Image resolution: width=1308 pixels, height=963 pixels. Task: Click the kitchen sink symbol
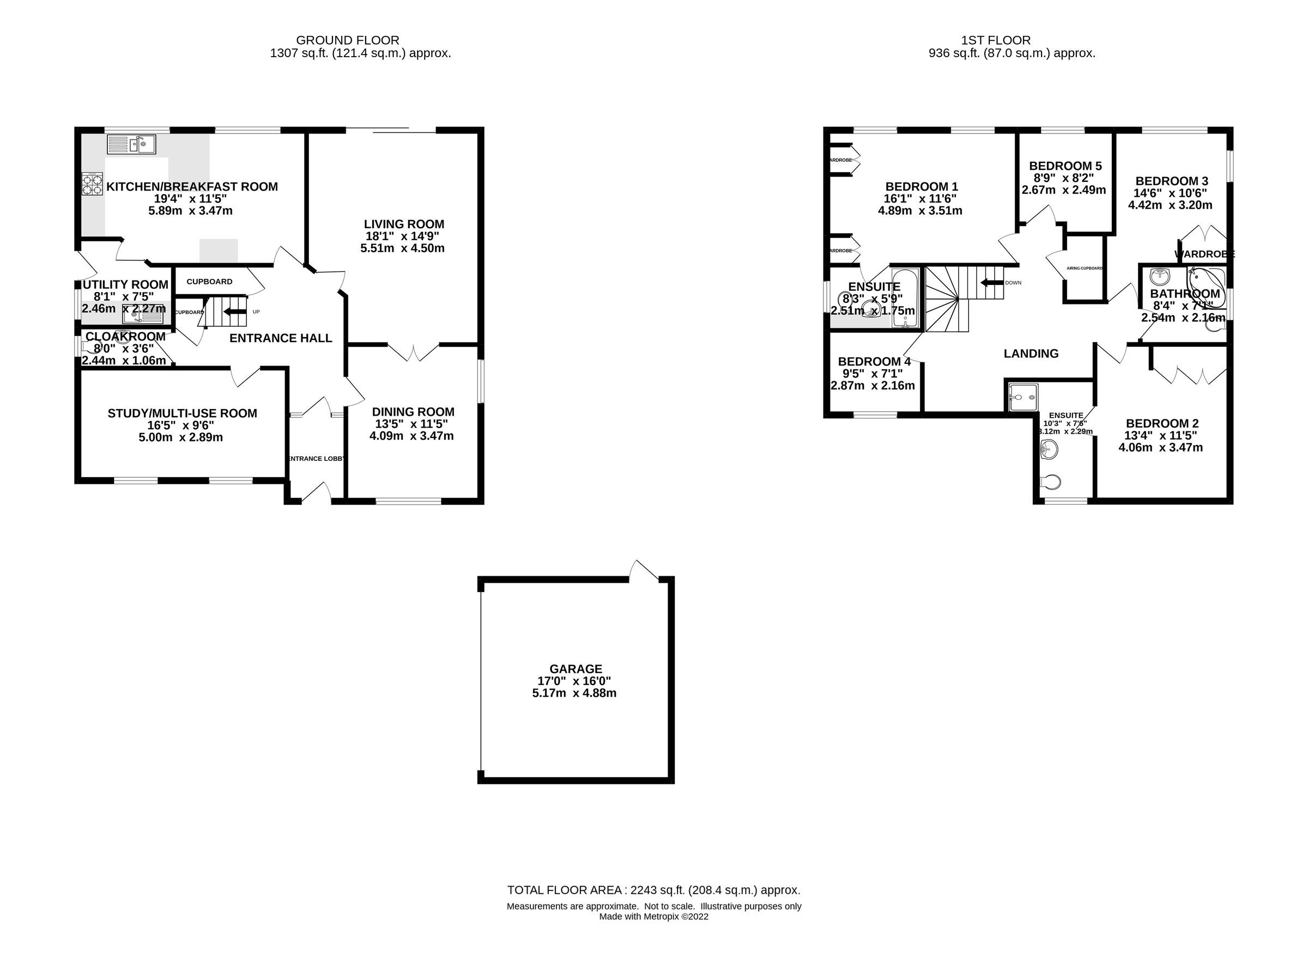tap(132, 144)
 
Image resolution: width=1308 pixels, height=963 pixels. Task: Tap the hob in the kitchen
tap(92, 184)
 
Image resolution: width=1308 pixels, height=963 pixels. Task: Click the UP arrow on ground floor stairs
tap(234, 312)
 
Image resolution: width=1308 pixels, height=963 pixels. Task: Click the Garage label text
tap(575, 669)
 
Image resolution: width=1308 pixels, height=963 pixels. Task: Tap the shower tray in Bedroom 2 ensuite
tap(1024, 397)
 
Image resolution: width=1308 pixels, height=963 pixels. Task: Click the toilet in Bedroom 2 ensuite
tap(1051, 481)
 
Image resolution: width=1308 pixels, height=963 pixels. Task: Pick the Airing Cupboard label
tap(1084, 268)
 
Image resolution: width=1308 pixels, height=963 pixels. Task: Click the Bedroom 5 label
tap(1065, 166)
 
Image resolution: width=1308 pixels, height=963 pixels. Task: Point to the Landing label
tap(1031, 353)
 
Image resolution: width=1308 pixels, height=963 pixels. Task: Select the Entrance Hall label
tap(281, 338)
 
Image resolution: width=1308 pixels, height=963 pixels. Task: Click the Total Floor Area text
tap(653, 890)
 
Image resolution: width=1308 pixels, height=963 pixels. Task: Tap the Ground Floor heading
tap(348, 40)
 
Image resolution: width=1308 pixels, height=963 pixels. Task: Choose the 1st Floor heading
tap(995, 40)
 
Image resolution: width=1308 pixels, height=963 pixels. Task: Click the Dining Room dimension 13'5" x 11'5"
tap(411, 424)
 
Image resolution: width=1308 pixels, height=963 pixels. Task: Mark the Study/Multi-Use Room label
tap(182, 413)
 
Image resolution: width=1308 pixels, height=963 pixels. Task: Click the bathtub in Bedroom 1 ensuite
tap(905, 297)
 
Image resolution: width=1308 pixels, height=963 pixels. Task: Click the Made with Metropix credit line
tap(653, 916)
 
